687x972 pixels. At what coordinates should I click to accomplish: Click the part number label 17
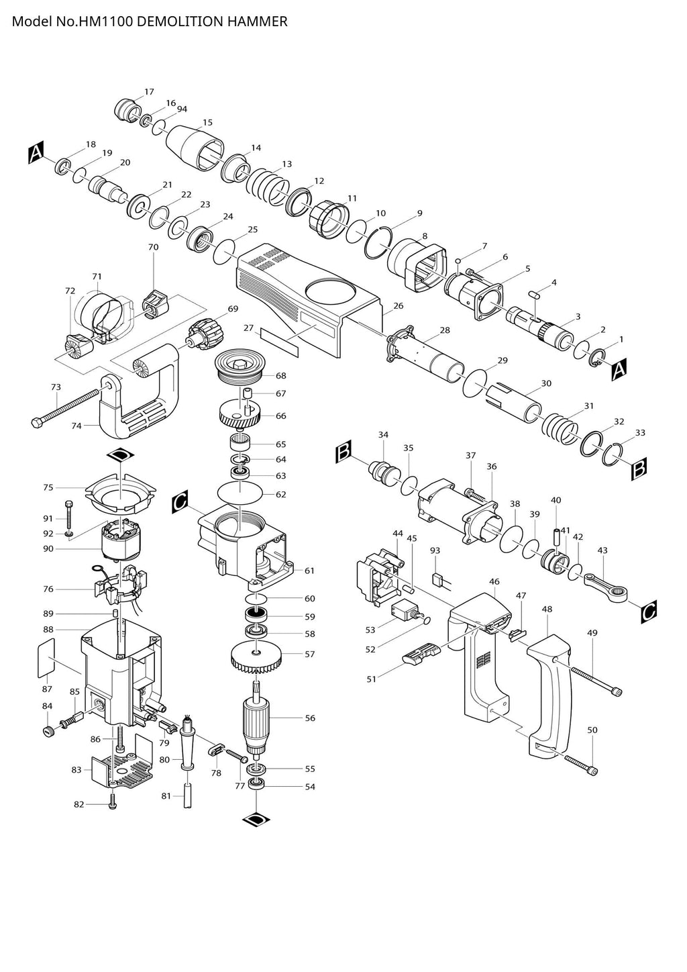point(149,92)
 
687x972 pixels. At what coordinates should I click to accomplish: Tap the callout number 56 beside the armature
point(310,718)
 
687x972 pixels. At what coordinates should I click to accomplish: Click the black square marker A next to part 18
point(36,153)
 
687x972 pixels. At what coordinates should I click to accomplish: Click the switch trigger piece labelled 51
point(420,654)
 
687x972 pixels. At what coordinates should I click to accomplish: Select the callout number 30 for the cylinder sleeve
point(546,383)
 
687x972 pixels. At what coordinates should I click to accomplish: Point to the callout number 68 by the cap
point(280,376)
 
